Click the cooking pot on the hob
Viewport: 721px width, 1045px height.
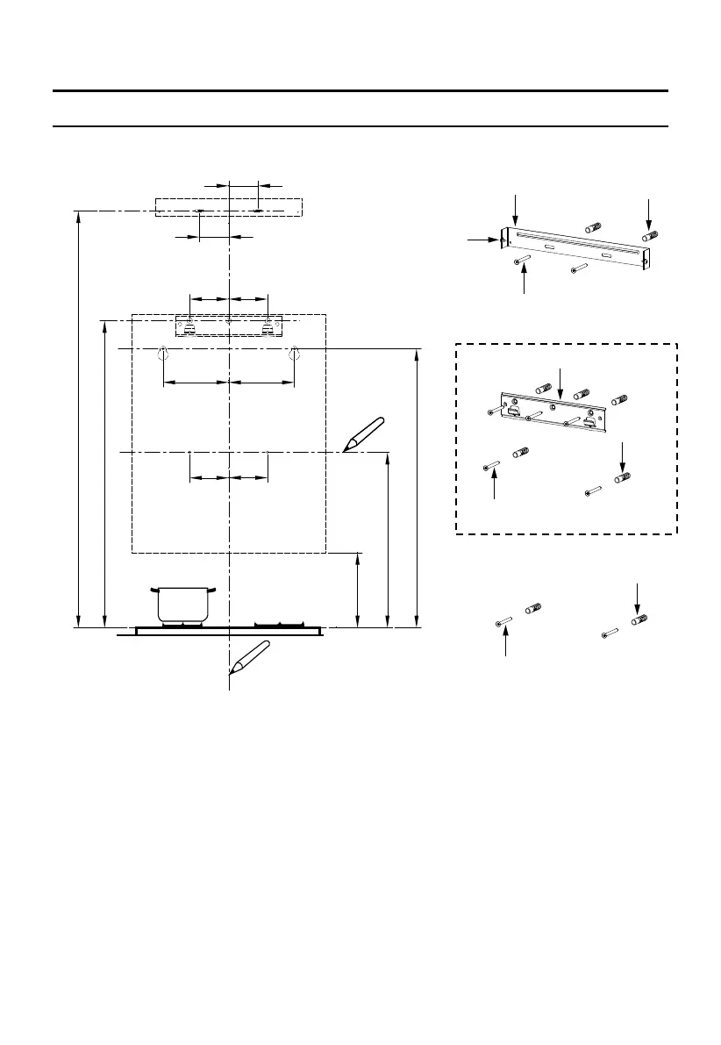click(182, 605)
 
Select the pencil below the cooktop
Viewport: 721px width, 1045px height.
click(249, 657)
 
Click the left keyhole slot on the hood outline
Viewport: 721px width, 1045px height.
click(163, 354)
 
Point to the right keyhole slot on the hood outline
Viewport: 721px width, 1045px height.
click(296, 354)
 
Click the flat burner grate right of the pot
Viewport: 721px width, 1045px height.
click(281, 624)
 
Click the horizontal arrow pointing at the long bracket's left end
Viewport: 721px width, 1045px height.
click(483, 238)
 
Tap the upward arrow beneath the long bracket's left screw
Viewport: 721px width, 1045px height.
click(525, 280)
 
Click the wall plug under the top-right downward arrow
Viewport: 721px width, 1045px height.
click(650, 236)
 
